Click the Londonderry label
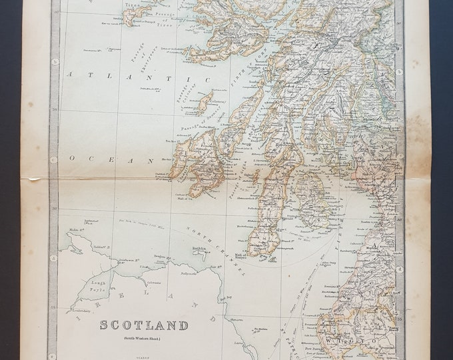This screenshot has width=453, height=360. (x=76, y=311)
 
